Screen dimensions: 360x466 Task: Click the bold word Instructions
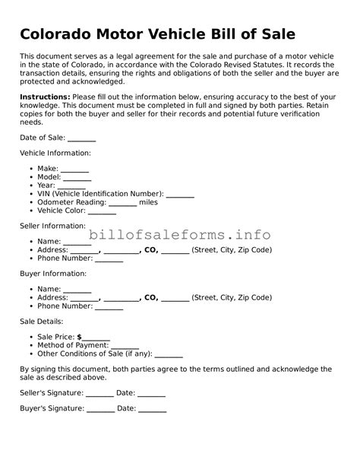point(45,97)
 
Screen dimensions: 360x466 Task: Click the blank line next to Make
point(74,169)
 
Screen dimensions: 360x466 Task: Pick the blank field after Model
point(77,178)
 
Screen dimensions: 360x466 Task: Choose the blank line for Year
point(71,186)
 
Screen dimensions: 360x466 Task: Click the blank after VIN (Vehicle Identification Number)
point(180,195)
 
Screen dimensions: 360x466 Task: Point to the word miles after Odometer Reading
point(149,203)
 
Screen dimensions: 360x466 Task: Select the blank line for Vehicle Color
point(102,212)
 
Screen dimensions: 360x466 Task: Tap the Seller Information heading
point(52,226)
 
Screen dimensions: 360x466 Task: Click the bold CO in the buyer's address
point(150,298)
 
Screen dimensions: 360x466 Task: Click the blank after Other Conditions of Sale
point(169,355)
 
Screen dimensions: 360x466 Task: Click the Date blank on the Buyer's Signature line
point(153,410)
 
